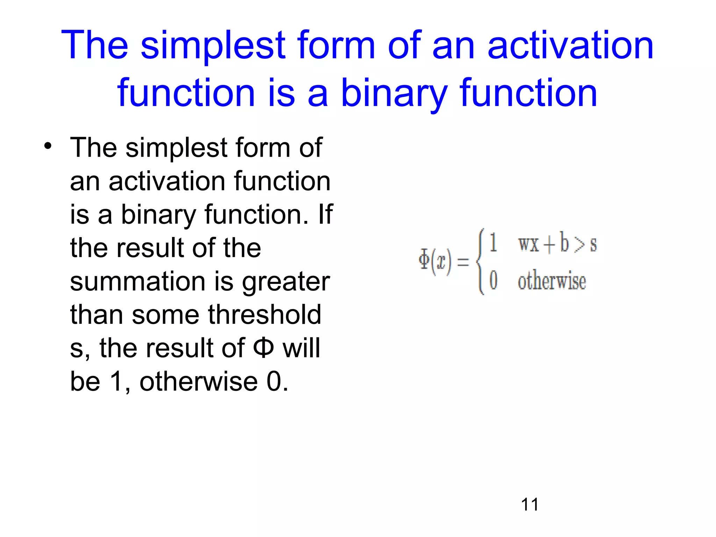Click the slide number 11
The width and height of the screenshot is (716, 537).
click(530, 504)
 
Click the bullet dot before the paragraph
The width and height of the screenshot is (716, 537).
click(48, 146)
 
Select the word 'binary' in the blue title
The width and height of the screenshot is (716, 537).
click(394, 93)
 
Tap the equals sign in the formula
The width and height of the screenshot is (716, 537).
click(463, 262)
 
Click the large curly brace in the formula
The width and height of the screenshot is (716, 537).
click(480, 261)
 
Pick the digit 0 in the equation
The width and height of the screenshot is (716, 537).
click(493, 280)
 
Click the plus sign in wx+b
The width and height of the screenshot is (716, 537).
click(550, 244)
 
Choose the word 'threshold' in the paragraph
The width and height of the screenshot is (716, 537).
click(265, 315)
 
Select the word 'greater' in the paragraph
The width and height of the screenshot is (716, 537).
click(286, 281)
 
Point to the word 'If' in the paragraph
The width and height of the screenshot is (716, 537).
click(325, 214)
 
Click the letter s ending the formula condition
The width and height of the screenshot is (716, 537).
click(593, 245)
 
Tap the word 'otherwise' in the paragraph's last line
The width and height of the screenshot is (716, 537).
click(199, 381)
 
